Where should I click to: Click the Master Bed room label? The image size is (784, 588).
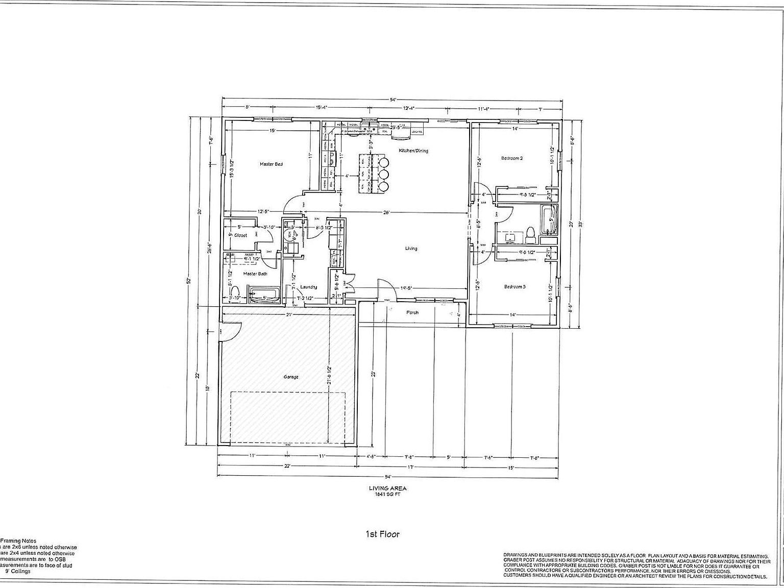(271, 164)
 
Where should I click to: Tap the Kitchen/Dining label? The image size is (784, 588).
(413, 151)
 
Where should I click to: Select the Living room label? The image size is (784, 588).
(411, 249)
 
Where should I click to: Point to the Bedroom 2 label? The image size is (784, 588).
(511, 158)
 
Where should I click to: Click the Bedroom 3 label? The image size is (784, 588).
(514, 287)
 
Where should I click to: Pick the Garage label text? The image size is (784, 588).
(291, 377)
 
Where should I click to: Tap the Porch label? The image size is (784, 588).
(412, 312)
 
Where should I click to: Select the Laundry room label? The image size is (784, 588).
(309, 287)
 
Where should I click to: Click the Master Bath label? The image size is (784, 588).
(255, 274)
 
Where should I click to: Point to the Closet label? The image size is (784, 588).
(240, 235)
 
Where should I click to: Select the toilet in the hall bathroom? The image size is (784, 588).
(530, 233)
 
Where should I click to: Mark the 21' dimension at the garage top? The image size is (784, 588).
(289, 315)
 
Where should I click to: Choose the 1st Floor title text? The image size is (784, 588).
(382, 534)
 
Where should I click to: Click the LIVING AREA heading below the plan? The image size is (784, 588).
(388, 488)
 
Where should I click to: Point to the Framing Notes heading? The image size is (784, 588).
(18, 541)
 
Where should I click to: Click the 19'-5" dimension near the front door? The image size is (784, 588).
(407, 288)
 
